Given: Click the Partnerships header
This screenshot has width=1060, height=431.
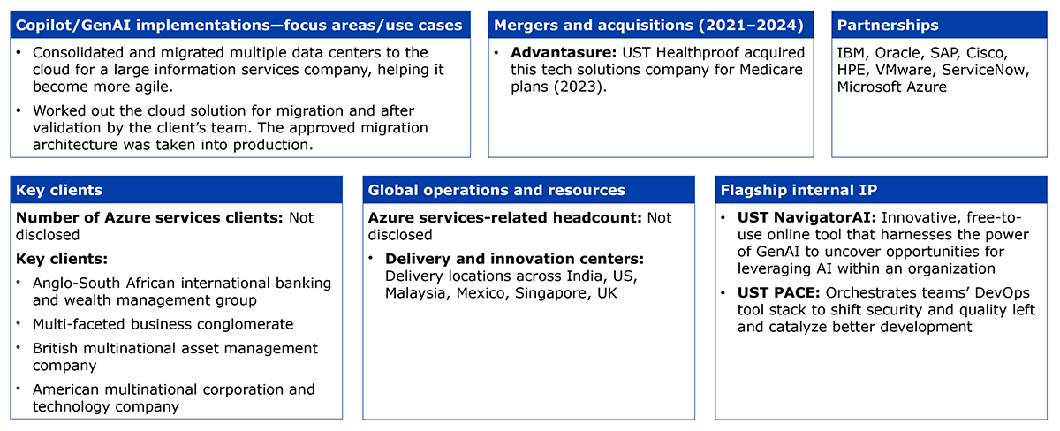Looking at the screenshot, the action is coord(887,25).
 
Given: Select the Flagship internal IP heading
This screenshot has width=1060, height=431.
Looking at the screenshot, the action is coord(799,190).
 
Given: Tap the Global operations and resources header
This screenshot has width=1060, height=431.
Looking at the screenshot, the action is coord(496,190).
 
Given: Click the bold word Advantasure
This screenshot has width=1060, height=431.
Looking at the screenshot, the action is coord(564,52).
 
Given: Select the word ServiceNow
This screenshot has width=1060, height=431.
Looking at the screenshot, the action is coord(985,70).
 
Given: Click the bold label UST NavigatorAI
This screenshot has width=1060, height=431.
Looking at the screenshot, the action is coord(806,217).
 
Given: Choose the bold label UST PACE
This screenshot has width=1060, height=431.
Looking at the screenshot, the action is coord(778,293).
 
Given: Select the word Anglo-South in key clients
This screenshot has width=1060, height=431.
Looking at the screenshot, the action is coord(76,283).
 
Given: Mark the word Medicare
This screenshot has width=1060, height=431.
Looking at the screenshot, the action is coord(771,70).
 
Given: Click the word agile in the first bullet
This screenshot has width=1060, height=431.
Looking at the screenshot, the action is coord(153,87).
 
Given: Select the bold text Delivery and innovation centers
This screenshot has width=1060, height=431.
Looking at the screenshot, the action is coord(514,259).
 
